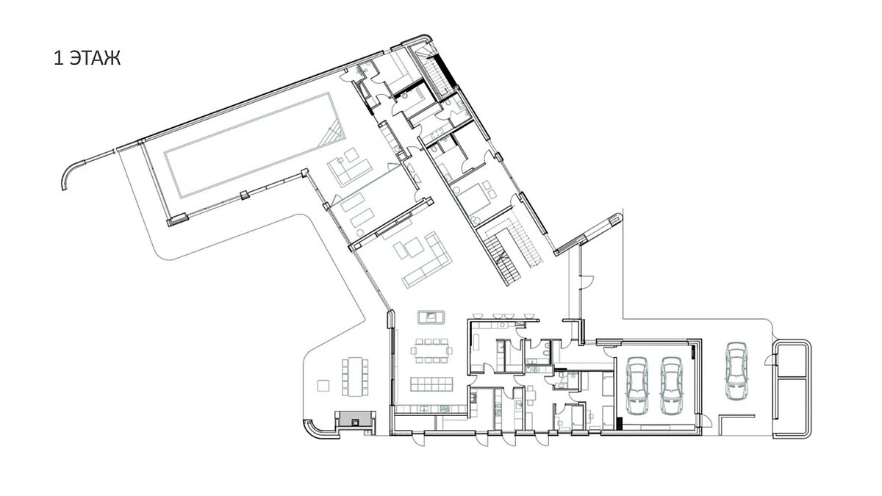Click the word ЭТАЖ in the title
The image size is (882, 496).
(96, 59)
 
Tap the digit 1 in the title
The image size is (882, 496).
(58, 59)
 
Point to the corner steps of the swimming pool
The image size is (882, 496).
(333, 132)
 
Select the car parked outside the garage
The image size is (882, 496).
(736, 371)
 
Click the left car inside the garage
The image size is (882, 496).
(637, 385)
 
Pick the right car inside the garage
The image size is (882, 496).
(672, 385)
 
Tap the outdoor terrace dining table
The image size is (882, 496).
(355, 376)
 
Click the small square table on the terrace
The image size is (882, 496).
(323, 385)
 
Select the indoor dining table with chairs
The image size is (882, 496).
(431, 351)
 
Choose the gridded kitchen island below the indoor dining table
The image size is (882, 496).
(431, 384)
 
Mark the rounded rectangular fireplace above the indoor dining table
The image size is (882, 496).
(431, 317)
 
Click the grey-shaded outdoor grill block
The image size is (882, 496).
(354, 418)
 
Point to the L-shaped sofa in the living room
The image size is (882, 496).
(427, 261)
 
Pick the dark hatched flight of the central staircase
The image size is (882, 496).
(499, 258)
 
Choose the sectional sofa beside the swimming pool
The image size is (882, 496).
(349, 168)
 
